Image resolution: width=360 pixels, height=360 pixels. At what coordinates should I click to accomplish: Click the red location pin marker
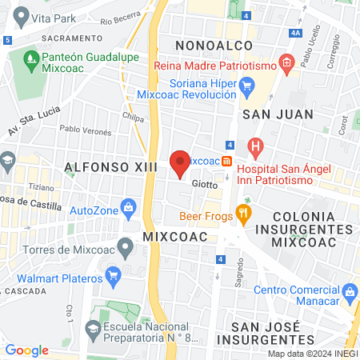coord(180,163)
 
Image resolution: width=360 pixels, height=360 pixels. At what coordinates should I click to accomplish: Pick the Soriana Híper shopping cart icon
coord(246,85)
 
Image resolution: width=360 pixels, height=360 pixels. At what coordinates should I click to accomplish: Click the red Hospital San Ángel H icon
coord(255,146)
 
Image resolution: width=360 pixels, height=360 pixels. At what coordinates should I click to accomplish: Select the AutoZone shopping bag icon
coord(128,210)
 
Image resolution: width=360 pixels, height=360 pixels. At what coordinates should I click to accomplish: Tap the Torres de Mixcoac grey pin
coord(124,245)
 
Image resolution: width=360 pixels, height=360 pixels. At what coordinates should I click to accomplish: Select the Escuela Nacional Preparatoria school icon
coord(94,326)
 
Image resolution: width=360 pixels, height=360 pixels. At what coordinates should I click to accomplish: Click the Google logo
coord(26,350)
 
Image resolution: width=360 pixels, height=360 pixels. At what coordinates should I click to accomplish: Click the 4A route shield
coord(296,33)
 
